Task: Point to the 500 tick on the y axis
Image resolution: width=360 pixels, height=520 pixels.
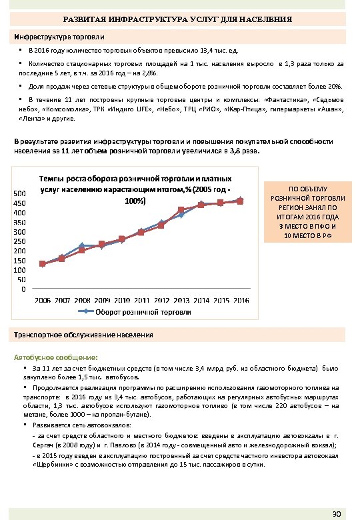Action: (x=20, y=193)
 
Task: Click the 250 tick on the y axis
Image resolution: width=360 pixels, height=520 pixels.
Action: (x=20, y=241)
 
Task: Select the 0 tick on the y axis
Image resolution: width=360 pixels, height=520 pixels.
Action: (x=24, y=289)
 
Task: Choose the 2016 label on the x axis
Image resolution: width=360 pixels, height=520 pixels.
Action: (x=240, y=300)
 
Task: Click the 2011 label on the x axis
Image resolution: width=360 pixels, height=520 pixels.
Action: (x=141, y=300)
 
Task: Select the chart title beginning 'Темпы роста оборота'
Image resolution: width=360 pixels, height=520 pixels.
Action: (x=136, y=189)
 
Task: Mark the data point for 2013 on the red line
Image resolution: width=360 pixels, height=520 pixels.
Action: (x=181, y=210)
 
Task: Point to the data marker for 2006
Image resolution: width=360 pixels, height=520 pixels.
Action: (x=43, y=264)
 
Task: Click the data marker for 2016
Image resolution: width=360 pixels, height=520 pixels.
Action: (x=240, y=200)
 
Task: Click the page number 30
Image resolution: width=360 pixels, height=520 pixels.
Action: (x=337, y=514)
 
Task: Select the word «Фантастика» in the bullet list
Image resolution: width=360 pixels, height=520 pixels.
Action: (x=283, y=98)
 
